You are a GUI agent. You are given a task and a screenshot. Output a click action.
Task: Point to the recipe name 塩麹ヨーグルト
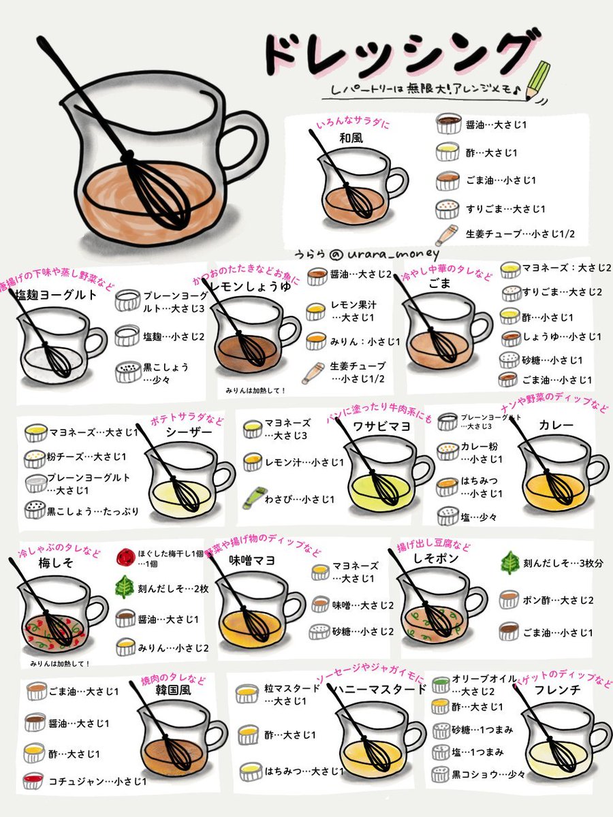[x=57, y=296]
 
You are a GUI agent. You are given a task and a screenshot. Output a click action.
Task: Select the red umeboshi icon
[x=125, y=557]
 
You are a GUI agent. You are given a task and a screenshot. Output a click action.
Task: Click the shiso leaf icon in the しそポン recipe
[x=509, y=562]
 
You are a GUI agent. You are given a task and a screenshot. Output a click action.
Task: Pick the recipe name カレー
[x=556, y=426]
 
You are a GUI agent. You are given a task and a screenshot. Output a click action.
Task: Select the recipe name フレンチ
[x=557, y=689]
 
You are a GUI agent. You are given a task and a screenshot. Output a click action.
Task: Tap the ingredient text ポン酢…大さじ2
[x=558, y=599]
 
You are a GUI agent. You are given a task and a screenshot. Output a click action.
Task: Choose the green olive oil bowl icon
[x=440, y=682]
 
